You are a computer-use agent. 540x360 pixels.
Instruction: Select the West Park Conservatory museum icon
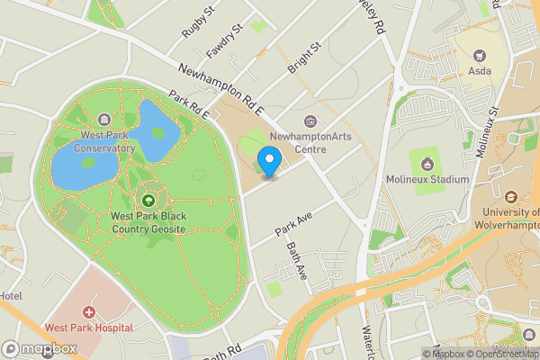103,121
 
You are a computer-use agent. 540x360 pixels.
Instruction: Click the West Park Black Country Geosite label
148,222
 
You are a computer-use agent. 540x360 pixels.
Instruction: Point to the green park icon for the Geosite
148,199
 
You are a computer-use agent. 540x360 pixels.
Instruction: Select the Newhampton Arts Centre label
311,142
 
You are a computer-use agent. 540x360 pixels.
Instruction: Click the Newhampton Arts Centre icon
311,121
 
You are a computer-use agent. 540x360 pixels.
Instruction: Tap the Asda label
478,70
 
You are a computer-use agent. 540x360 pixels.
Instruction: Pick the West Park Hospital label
89,328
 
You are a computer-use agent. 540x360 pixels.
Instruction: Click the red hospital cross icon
89,312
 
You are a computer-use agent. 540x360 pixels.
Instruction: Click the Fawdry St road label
225,40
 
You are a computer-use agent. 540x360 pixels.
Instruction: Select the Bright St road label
304,58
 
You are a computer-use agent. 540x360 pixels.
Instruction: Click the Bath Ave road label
297,260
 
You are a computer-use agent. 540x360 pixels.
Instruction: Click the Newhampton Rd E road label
220,90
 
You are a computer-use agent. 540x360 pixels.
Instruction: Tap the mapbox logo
40,348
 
